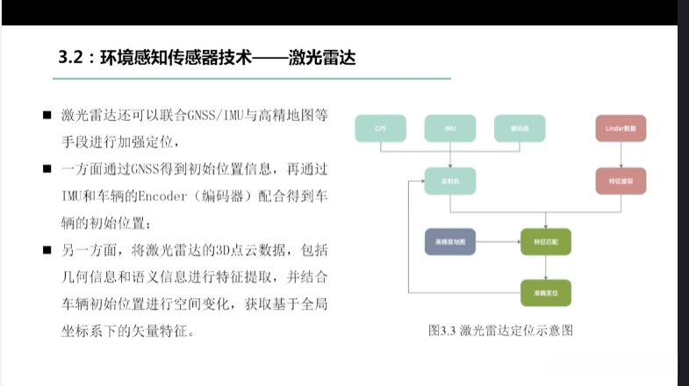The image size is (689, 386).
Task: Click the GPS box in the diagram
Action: tap(380, 129)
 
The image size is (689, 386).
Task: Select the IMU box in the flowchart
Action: tap(450, 129)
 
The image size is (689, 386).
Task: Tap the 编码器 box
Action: tap(520, 129)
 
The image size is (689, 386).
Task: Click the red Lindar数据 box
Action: tap(620, 129)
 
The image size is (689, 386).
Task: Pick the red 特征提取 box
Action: tap(620, 182)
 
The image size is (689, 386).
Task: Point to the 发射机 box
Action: tap(450, 182)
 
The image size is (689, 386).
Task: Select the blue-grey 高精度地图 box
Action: tap(450, 241)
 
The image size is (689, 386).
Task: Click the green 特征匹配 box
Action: tap(546, 241)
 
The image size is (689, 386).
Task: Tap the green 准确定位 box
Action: tap(546, 290)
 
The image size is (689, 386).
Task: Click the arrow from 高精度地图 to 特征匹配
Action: tap(498, 241)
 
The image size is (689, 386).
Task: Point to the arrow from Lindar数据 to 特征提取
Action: tap(620, 155)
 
